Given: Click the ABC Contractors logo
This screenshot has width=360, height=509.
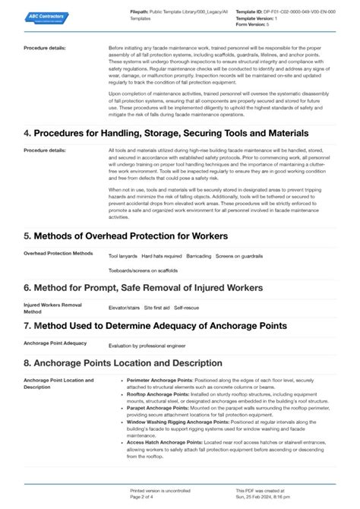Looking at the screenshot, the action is [x=46, y=17].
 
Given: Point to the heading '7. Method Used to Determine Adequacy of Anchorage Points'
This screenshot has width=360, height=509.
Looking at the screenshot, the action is [x=154, y=326].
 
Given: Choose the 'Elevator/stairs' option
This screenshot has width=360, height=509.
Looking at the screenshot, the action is [x=125, y=307].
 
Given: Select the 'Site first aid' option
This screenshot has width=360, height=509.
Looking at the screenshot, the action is [x=158, y=307].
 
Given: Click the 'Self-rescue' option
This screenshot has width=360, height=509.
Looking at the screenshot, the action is [x=187, y=307].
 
